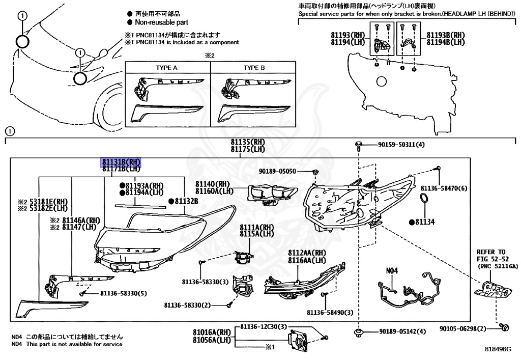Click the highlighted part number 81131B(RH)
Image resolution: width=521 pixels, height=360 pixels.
[120, 161]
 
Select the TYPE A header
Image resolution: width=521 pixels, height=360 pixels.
[167, 67]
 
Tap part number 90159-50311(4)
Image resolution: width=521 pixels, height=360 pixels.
[401, 145]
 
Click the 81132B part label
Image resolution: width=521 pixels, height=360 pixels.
[186, 201]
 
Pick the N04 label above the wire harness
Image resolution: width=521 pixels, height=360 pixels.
[391, 271]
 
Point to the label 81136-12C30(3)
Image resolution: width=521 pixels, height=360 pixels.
[264, 326]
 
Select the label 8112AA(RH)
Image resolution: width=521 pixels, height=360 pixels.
[307, 253]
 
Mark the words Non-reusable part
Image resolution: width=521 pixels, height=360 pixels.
[161, 22]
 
